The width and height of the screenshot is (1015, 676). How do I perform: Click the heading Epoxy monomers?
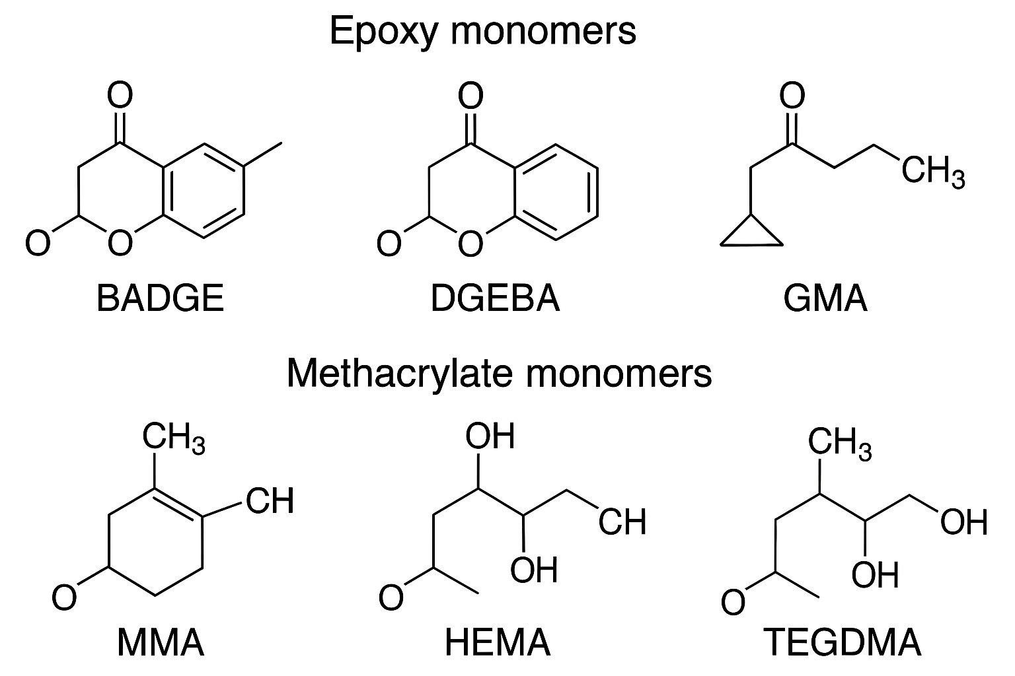(482, 31)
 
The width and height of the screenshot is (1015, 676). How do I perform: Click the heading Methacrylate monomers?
(499, 373)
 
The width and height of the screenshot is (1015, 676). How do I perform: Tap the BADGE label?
(160, 298)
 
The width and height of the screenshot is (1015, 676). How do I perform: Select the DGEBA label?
(495, 298)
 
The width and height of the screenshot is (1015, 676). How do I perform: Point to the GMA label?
(825, 298)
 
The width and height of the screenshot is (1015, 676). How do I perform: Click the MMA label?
(161, 642)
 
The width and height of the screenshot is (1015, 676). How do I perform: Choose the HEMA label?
(498, 642)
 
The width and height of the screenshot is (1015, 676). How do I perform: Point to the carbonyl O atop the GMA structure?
(792, 96)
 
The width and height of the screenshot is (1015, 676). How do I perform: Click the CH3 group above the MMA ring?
(174, 438)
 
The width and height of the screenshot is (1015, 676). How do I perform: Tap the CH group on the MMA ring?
(270, 501)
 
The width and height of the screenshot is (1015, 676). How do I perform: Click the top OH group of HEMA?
(490, 437)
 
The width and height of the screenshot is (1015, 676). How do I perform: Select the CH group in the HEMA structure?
(622, 522)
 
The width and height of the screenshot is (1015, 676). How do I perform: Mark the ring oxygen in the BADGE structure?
(120, 244)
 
